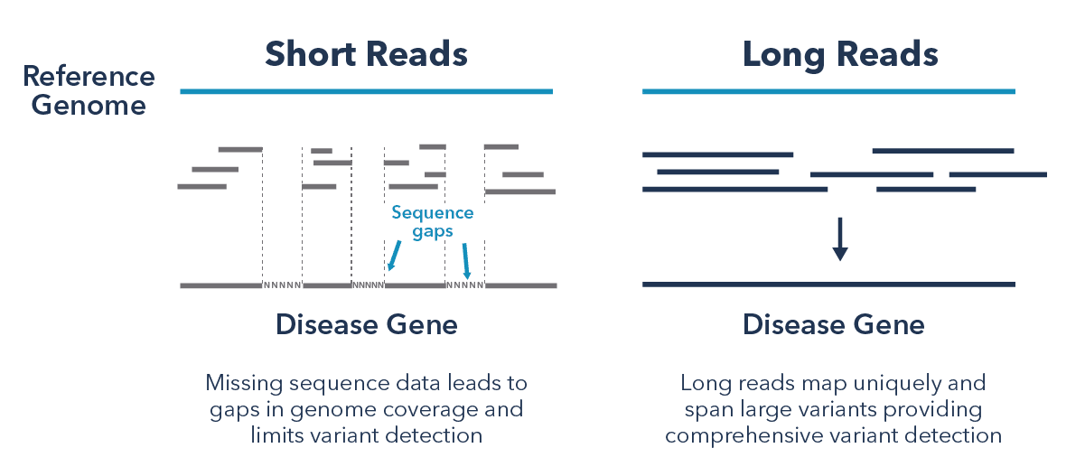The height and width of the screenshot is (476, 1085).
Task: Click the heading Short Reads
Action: click(366, 54)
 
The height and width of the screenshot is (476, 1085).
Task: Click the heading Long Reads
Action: click(840, 54)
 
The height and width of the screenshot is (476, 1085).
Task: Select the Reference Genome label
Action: click(89, 90)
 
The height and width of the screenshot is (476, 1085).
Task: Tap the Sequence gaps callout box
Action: click(440, 222)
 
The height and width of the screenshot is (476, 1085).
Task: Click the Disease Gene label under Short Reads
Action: click(367, 324)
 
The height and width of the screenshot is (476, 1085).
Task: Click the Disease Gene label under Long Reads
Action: click(834, 324)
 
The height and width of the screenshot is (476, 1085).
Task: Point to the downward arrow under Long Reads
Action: click(840, 239)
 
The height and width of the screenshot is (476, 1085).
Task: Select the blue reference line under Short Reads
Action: click(366, 91)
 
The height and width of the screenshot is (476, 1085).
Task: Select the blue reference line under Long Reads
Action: click(828, 91)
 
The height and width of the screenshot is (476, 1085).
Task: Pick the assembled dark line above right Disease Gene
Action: click(828, 285)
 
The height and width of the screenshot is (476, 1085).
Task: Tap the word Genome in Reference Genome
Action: click(89, 105)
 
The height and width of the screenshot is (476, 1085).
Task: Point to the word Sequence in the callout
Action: click(432, 213)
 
